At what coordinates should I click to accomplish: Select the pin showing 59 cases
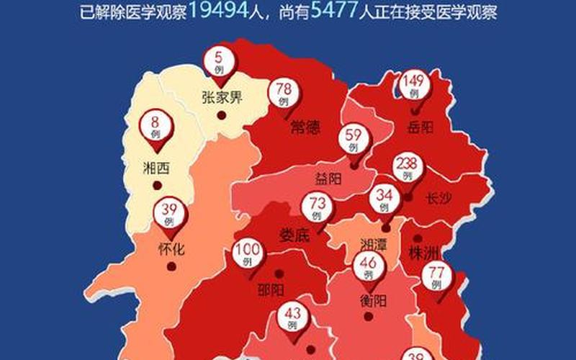pyautogui.click(x=354, y=138)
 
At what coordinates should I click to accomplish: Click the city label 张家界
pyautogui.click(x=222, y=97)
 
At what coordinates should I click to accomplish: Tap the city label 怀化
pyautogui.click(x=171, y=250)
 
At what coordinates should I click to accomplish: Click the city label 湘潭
pyautogui.click(x=374, y=244)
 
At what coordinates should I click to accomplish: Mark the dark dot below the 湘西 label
pyautogui.click(x=157, y=186)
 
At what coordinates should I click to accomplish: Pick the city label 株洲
pyautogui.click(x=424, y=253)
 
